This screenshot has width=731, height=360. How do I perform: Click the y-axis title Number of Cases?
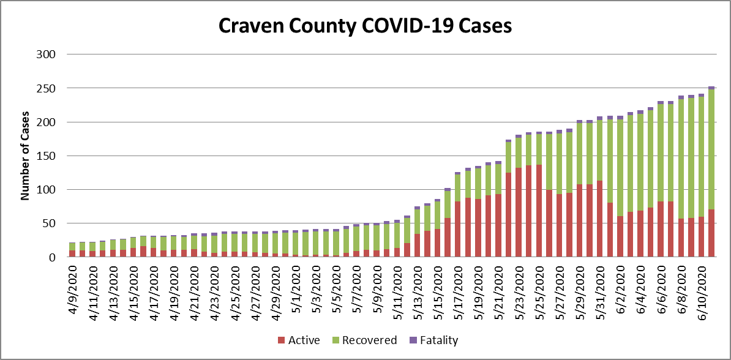26,156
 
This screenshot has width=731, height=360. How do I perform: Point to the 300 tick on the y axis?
47,54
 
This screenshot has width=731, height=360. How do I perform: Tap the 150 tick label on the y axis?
47,156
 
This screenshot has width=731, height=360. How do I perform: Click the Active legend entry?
299,340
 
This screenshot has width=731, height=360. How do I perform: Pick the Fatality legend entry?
435,340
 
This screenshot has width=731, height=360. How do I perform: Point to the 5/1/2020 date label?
297,290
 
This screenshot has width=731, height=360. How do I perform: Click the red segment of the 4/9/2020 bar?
72,254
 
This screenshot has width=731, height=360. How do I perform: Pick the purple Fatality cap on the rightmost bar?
711,88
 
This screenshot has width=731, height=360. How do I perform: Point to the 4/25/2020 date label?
236,291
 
